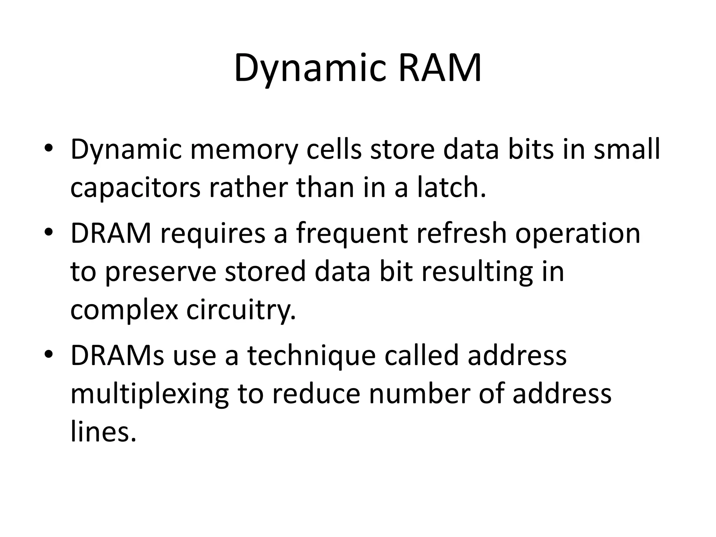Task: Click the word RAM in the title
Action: [x=440, y=68]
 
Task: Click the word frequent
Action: [x=352, y=234]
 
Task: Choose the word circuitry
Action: [x=241, y=310]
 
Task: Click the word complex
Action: [x=124, y=310]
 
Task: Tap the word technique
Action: [x=312, y=356]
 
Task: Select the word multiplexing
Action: [x=149, y=394]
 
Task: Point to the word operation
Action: [x=578, y=234]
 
